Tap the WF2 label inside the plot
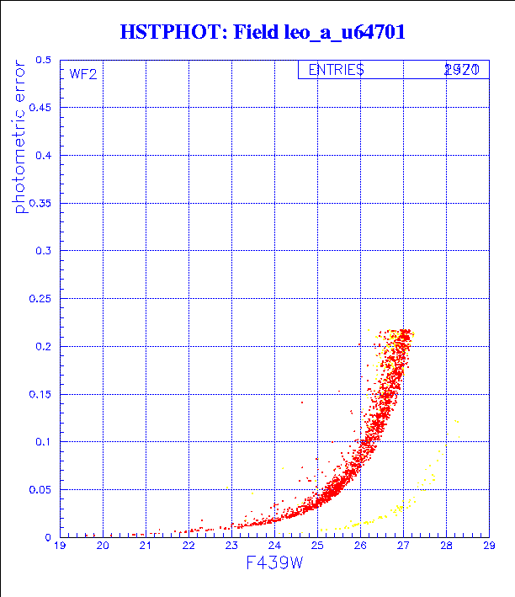click(x=82, y=74)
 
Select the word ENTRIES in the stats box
click(x=336, y=70)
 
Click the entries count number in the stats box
click(x=462, y=70)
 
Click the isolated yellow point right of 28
click(x=457, y=421)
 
